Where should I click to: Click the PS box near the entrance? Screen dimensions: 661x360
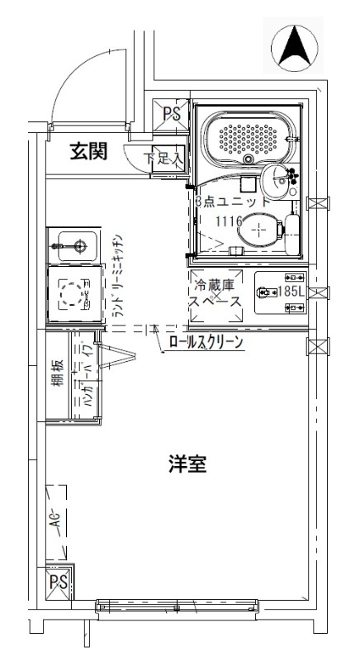[171, 112]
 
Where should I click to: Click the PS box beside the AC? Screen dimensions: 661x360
[58, 583]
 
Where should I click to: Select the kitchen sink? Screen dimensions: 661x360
[79, 245]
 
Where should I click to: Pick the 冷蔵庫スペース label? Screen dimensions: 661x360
[216, 293]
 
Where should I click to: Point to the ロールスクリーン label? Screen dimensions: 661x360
[206, 342]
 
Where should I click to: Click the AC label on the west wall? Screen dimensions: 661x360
[55, 521]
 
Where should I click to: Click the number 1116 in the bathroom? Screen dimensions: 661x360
[227, 221]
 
